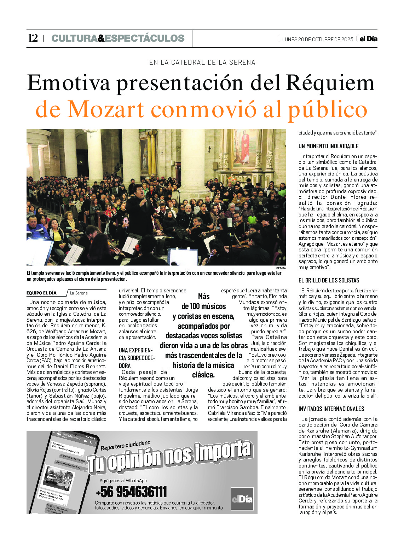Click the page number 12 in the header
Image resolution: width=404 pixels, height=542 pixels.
33,38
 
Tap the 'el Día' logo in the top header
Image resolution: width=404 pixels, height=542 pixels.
368,39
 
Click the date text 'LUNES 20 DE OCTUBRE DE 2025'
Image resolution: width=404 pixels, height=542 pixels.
317,39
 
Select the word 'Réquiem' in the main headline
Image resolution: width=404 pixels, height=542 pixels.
330,83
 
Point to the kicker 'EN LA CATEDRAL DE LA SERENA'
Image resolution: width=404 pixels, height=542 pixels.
202,62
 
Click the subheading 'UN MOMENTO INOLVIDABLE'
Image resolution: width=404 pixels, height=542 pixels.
328,146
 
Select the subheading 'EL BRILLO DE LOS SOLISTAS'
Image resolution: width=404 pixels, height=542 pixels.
329,280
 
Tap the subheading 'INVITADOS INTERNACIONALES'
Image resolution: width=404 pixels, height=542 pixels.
331,409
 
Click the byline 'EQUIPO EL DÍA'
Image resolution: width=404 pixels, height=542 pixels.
41,293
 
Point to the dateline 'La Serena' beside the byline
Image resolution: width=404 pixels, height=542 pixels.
79,293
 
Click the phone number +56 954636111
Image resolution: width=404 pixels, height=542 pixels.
131,492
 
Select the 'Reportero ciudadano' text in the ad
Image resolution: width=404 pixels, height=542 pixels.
126,446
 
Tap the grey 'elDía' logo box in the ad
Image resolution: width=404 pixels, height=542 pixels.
242,499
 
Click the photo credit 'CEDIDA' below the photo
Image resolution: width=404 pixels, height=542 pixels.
281,268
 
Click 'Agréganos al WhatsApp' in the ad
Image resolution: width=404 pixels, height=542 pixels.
123,481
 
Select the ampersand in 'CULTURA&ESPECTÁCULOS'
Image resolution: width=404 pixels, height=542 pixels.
101,38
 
